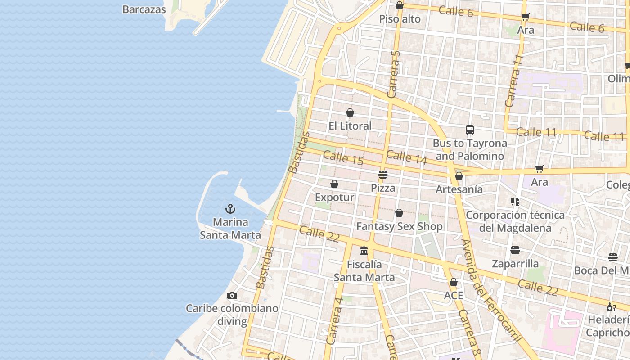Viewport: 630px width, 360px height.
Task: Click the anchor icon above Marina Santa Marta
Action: [x=230, y=209]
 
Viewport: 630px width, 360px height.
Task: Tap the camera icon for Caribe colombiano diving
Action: [x=232, y=296]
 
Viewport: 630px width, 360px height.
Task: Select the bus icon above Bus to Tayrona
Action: [x=470, y=130]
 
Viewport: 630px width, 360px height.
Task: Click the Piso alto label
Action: [x=400, y=19]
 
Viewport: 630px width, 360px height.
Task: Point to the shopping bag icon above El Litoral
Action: [x=350, y=112]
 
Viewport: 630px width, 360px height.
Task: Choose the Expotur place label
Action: [x=334, y=198]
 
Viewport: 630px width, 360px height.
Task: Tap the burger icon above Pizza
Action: [x=383, y=174]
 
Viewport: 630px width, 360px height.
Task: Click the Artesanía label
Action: [x=459, y=189]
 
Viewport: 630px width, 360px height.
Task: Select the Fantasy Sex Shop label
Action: [x=400, y=226]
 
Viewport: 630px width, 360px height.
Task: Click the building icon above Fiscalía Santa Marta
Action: [x=364, y=251]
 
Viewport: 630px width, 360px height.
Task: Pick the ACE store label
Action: [x=454, y=296]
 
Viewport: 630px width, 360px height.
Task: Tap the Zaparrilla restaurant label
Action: [x=515, y=264]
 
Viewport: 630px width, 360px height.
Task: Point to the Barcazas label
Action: [x=144, y=9]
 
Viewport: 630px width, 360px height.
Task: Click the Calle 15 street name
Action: [x=343, y=157]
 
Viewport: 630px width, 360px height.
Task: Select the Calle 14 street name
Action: [x=406, y=157]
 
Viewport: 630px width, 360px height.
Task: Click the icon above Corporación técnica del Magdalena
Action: [x=515, y=201]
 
